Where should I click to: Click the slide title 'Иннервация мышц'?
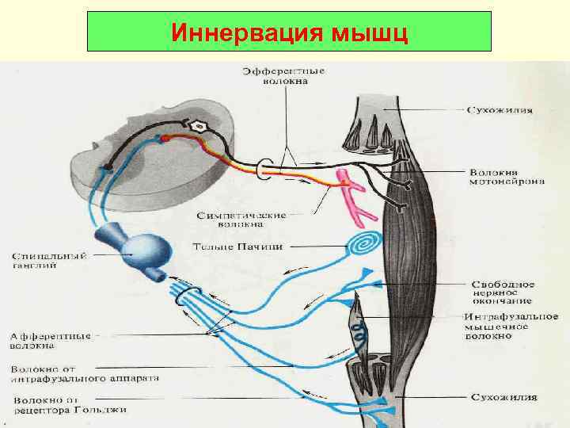[x=290, y=34]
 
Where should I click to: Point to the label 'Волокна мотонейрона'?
[x=507, y=176]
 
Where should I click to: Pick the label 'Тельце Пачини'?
[x=237, y=246]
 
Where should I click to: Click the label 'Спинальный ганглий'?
[x=47, y=262]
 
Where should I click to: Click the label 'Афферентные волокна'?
[x=51, y=340]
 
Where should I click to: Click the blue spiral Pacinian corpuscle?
[x=364, y=243]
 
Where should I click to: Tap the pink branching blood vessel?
[x=350, y=193]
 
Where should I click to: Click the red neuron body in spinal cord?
[x=165, y=139]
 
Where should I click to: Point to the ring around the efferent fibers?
[x=266, y=166]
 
